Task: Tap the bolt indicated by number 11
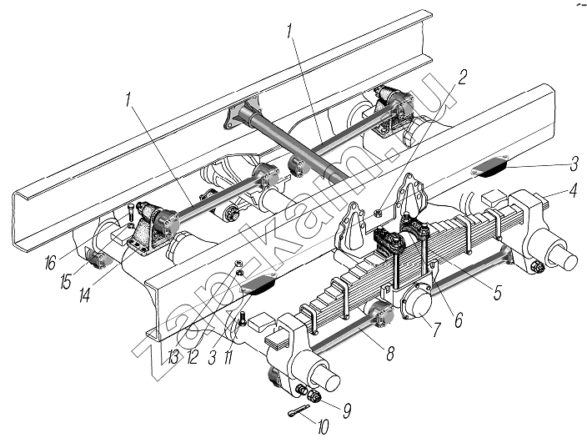242,318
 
